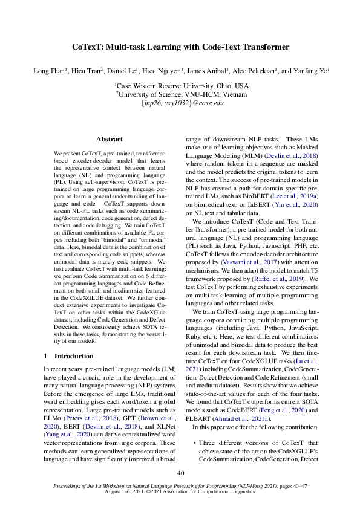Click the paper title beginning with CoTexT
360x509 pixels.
(180, 47)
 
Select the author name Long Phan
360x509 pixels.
(50, 71)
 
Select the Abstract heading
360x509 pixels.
(110, 139)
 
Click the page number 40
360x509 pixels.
(180, 473)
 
